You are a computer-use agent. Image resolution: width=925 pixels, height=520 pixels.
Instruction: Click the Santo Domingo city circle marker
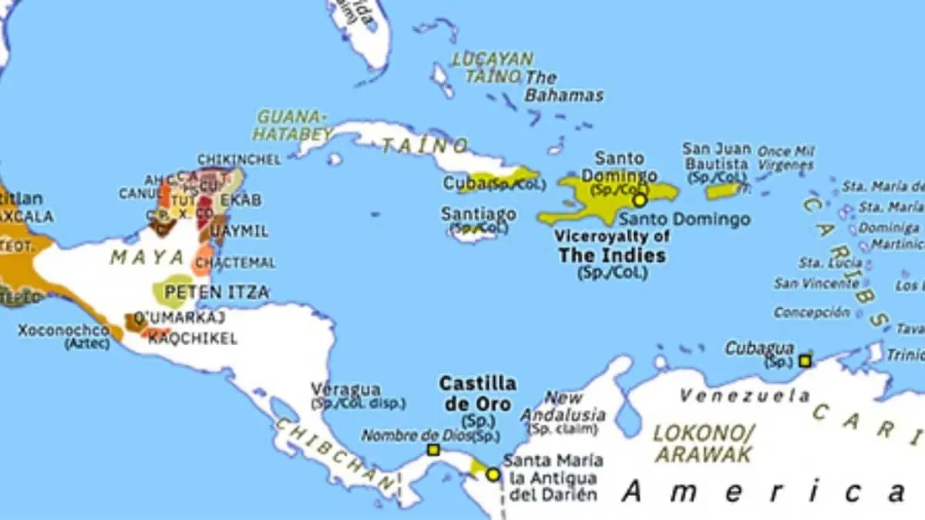click(x=639, y=200)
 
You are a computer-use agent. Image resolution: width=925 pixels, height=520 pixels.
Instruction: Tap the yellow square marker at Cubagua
click(x=805, y=361)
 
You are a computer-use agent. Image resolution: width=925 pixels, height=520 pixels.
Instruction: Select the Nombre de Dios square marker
click(x=433, y=450)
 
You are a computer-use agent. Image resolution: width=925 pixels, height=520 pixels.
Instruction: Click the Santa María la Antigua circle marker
click(x=493, y=475)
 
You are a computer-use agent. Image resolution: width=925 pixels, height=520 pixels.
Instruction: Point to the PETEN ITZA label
click(x=217, y=292)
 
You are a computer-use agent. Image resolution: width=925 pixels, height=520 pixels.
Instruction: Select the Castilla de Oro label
click(x=477, y=393)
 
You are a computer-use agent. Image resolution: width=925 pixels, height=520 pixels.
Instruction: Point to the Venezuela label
click(x=744, y=395)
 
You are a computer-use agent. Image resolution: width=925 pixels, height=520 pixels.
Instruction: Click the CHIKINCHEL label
click(x=239, y=159)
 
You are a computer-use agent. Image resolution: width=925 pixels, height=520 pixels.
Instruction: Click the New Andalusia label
click(x=563, y=406)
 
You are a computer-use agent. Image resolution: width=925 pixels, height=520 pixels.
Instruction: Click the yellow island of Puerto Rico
click(x=723, y=190)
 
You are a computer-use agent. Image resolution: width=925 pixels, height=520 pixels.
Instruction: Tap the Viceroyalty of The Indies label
click(x=612, y=246)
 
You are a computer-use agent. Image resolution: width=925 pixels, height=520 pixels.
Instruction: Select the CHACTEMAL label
click(x=235, y=263)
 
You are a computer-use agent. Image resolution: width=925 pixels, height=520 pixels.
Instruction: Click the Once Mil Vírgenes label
click(x=785, y=158)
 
